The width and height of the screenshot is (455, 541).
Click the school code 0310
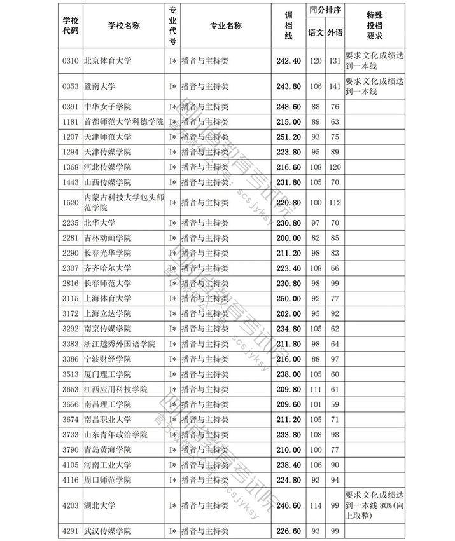(x=69, y=61)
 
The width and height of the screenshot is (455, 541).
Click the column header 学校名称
(x=123, y=25)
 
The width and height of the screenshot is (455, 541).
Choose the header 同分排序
(x=325, y=11)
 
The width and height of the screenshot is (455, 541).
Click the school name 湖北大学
(x=99, y=505)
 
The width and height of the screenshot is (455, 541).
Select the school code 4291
(x=69, y=531)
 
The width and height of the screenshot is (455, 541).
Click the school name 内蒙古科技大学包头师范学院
(x=123, y=203)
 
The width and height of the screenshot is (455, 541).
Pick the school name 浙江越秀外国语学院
(x=120, y=344)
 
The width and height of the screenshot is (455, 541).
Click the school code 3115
(x=69, y=298)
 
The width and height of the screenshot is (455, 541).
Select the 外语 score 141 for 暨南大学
(x=335, y=86)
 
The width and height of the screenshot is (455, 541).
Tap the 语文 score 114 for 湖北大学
(x=316, y=505)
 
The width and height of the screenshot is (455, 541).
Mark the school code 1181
(x=69, y=121)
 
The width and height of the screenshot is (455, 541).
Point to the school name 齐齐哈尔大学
(x=108, y=268)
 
